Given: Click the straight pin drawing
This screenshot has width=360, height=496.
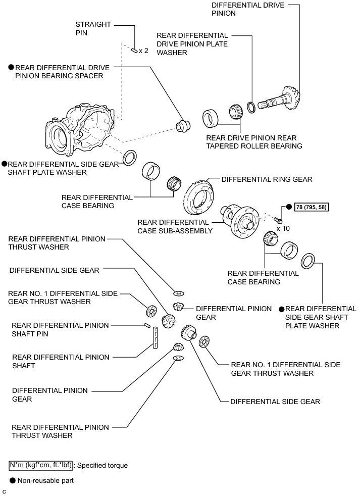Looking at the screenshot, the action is tap(134, 50).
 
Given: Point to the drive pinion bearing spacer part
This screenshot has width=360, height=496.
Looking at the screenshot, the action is tap(183, 126).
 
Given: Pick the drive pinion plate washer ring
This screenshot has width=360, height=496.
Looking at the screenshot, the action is tap(251, 107).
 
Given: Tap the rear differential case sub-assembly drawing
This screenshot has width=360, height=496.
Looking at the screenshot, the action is tap(240, 219).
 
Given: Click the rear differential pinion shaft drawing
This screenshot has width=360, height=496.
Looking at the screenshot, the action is tap(155, 338).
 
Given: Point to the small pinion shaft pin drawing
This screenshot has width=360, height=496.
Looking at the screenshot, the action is tap(147, 325).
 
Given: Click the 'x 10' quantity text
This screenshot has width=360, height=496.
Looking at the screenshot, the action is tap(283, 228).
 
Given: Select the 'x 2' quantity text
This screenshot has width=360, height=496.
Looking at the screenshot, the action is tap(143, 51).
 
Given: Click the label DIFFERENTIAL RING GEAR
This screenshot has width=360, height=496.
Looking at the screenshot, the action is tap(267, 179).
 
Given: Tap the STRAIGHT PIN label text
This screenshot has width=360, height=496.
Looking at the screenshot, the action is tap(93, 28).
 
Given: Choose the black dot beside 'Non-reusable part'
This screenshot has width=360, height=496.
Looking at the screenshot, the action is tap(12, 480).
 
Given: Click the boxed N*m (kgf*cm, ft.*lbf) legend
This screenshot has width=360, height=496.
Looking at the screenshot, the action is tap(40, 465).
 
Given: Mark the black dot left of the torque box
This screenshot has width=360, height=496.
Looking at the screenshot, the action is tap(289, 207).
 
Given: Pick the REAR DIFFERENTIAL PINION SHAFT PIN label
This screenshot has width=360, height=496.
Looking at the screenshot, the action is tap(60, 329).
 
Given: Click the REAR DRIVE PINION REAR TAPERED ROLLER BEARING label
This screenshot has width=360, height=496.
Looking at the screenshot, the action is tap(254, 142).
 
